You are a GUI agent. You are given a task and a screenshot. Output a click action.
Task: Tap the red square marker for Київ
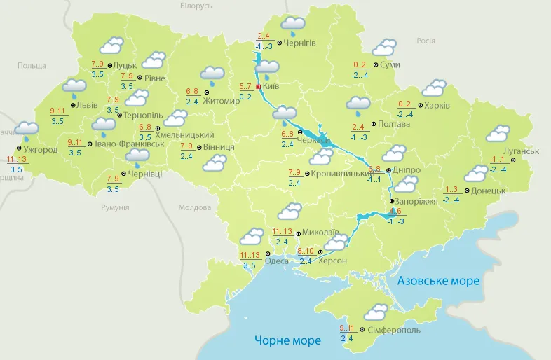259,87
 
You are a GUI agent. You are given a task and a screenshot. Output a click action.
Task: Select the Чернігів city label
300,43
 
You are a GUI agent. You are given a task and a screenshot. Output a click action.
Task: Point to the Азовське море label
438,281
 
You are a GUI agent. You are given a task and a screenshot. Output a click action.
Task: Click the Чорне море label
289,340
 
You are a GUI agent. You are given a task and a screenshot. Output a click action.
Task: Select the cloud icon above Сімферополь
377,312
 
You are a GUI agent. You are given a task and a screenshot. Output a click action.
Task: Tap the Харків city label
437,106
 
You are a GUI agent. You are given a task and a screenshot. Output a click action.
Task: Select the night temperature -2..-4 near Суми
361,75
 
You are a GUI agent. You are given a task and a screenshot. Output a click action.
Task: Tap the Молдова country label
194,208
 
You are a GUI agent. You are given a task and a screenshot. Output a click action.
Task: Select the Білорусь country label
196,6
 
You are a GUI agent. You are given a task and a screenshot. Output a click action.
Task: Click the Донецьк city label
489,191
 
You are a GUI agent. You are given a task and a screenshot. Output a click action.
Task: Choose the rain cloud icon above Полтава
358,106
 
